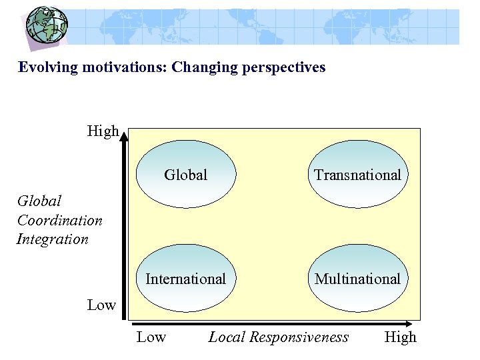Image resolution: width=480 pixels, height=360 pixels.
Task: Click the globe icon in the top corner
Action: tap(46, 25)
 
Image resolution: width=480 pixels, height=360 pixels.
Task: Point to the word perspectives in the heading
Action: tap(283, 67)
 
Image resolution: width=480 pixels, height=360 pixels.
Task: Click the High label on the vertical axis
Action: tap(103, 131)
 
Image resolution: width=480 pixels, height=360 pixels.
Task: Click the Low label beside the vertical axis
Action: tap(101, 305)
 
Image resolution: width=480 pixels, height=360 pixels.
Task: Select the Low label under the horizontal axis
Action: tap(151, 337)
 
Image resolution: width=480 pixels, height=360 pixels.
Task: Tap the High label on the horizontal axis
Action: tap(400, 337)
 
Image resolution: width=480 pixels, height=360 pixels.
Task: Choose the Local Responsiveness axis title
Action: tap(278, 337)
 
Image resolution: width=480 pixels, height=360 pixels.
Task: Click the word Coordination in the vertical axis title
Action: tap(60, 220)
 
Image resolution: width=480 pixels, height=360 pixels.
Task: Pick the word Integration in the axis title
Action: tap(53, 239)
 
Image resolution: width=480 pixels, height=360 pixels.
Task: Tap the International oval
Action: tap(186, 279)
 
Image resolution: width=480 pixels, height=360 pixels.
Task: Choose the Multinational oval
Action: tap(357, 279)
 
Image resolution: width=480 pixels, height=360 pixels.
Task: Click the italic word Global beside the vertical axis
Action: tap(39, 201)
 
